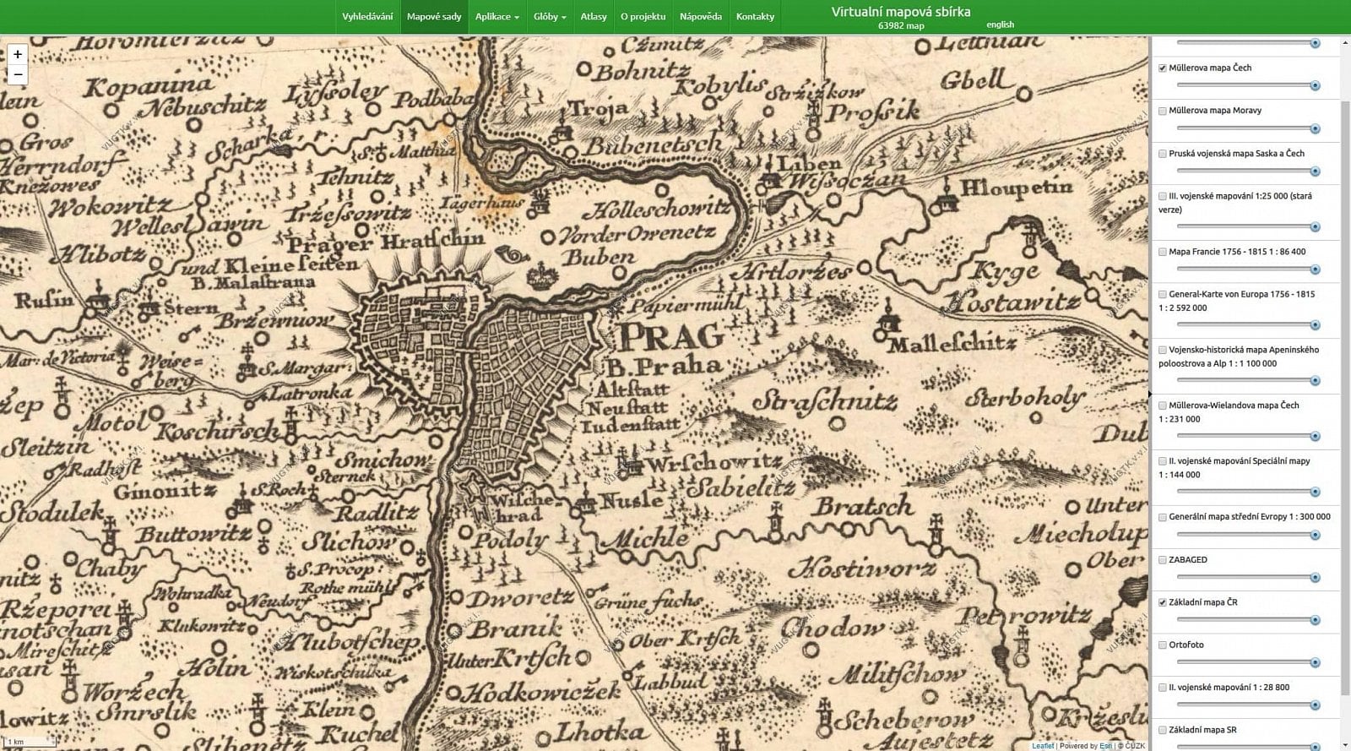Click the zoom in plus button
coord(18,54)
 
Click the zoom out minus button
coord(18,75)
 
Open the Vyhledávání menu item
coord(367,16)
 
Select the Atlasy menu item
coord(593,16)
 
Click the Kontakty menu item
coord(755,16)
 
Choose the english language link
coord(1000,24)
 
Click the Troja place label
coord(598,108)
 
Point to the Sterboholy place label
coord(1025,397)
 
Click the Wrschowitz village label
coord(713,463)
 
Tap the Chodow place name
coord(833,627)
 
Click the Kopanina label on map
coord(149,86)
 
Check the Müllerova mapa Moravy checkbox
coord(1163,111)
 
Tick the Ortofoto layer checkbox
coord(1163,645)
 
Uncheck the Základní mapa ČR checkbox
coord(1163,602)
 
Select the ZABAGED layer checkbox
coord(1163,560)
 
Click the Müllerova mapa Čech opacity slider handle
coord(1315,85)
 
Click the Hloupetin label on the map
coord(1016,188)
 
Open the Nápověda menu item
coord(700,16)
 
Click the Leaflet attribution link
coord(1042,746)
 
